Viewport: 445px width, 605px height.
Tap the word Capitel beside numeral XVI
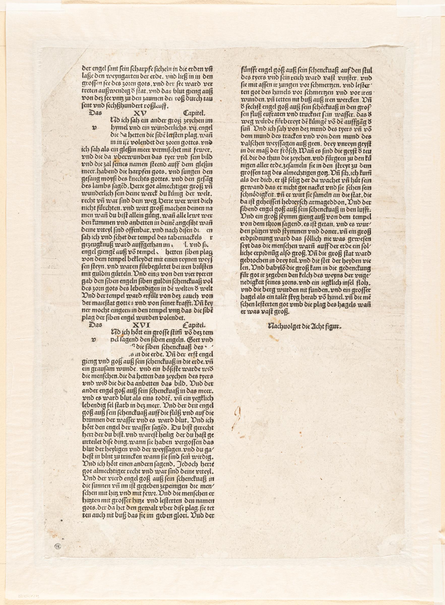click(194, 325)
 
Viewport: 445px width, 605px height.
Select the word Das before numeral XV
click(95, 113)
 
